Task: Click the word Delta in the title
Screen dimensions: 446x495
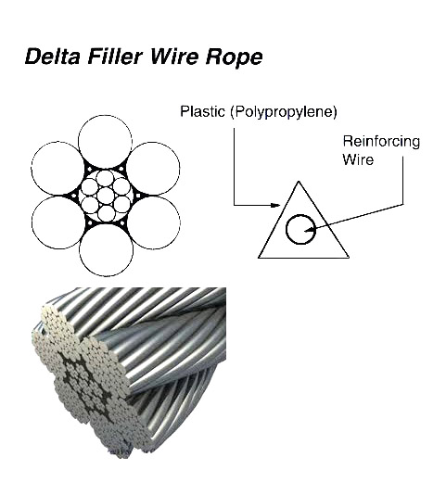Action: pyautogui.click(x=52, y=57)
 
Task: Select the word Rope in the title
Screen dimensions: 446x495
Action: pyautogui.click(x=234, y=57)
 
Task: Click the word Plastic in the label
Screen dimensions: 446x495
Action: pyautogui.click(x=202, y=111)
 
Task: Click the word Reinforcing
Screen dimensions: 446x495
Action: pyautogui.click(x=381, y=142)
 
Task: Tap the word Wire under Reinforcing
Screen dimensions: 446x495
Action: pyautogui.click(x=358, y=159)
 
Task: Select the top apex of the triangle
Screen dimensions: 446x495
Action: pyautogui.click(x=299, y=181)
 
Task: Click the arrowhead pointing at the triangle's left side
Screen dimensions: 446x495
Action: pyautogui.click(x=276, y=205)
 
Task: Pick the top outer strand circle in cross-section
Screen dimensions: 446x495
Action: pyautogui.click(x=105, y=142)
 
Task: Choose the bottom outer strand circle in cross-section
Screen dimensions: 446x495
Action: pyautogui.click(x=106, y=250)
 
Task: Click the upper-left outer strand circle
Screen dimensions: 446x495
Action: pyautogui.click(x=58, y=169)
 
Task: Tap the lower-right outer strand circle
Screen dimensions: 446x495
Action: pyautogui.click(x=153, y=222)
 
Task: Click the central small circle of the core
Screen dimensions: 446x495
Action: pyautogui.click(x=106, y=196)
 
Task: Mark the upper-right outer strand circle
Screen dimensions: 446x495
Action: pyautogui.click(x=153, y=169)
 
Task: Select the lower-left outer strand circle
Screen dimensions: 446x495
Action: pyautogui.click(x=58, y=222)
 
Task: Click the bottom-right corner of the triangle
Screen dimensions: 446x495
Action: pyautogui.click(x=349, y=258)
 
